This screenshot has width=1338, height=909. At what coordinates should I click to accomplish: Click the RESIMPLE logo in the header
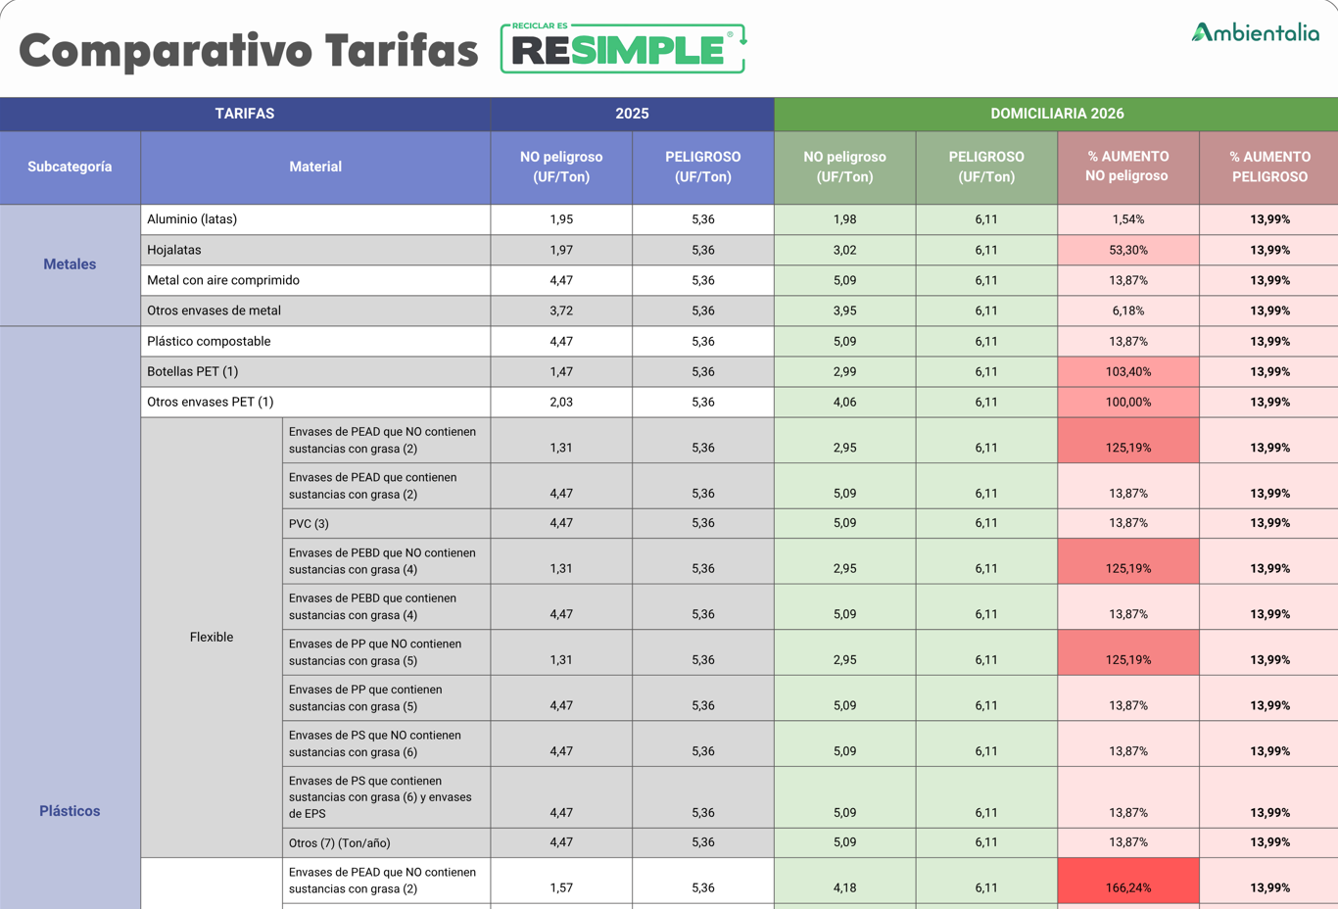(623, 49)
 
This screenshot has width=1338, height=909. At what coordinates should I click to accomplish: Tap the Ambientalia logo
(1255, 33)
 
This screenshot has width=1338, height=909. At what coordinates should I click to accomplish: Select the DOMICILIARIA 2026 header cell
(1056, 114)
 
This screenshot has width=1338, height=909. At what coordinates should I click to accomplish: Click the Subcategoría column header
(70, 167)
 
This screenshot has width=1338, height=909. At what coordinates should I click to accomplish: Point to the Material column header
(315, 167)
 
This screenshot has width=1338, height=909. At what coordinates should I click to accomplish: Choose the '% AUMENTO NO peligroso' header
(1127, 167)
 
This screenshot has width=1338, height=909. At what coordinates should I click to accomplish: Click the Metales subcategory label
(70, 264)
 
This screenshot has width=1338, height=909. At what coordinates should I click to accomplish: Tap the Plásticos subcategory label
(70, 811)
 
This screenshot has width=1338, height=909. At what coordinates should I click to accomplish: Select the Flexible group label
(212, 638)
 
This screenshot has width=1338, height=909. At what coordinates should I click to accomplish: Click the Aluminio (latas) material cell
(192, 219)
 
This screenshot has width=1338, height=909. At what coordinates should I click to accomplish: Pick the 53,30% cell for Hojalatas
(1127, 250)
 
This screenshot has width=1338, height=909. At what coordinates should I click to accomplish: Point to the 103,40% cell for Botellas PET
(1127, 372)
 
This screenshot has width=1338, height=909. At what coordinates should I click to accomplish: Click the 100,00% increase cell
(1127, 403)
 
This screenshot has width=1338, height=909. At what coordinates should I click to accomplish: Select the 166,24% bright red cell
(1127, 887)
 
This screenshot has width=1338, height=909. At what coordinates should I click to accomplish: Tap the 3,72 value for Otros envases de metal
(561, 311)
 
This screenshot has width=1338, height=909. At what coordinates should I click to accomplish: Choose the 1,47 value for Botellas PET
(561, 372)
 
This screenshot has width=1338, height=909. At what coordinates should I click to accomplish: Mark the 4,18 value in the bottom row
(844, 887)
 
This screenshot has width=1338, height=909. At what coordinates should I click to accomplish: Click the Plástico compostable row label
(209, 342)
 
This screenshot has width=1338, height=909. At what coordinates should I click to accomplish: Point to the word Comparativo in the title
(165, 51)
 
